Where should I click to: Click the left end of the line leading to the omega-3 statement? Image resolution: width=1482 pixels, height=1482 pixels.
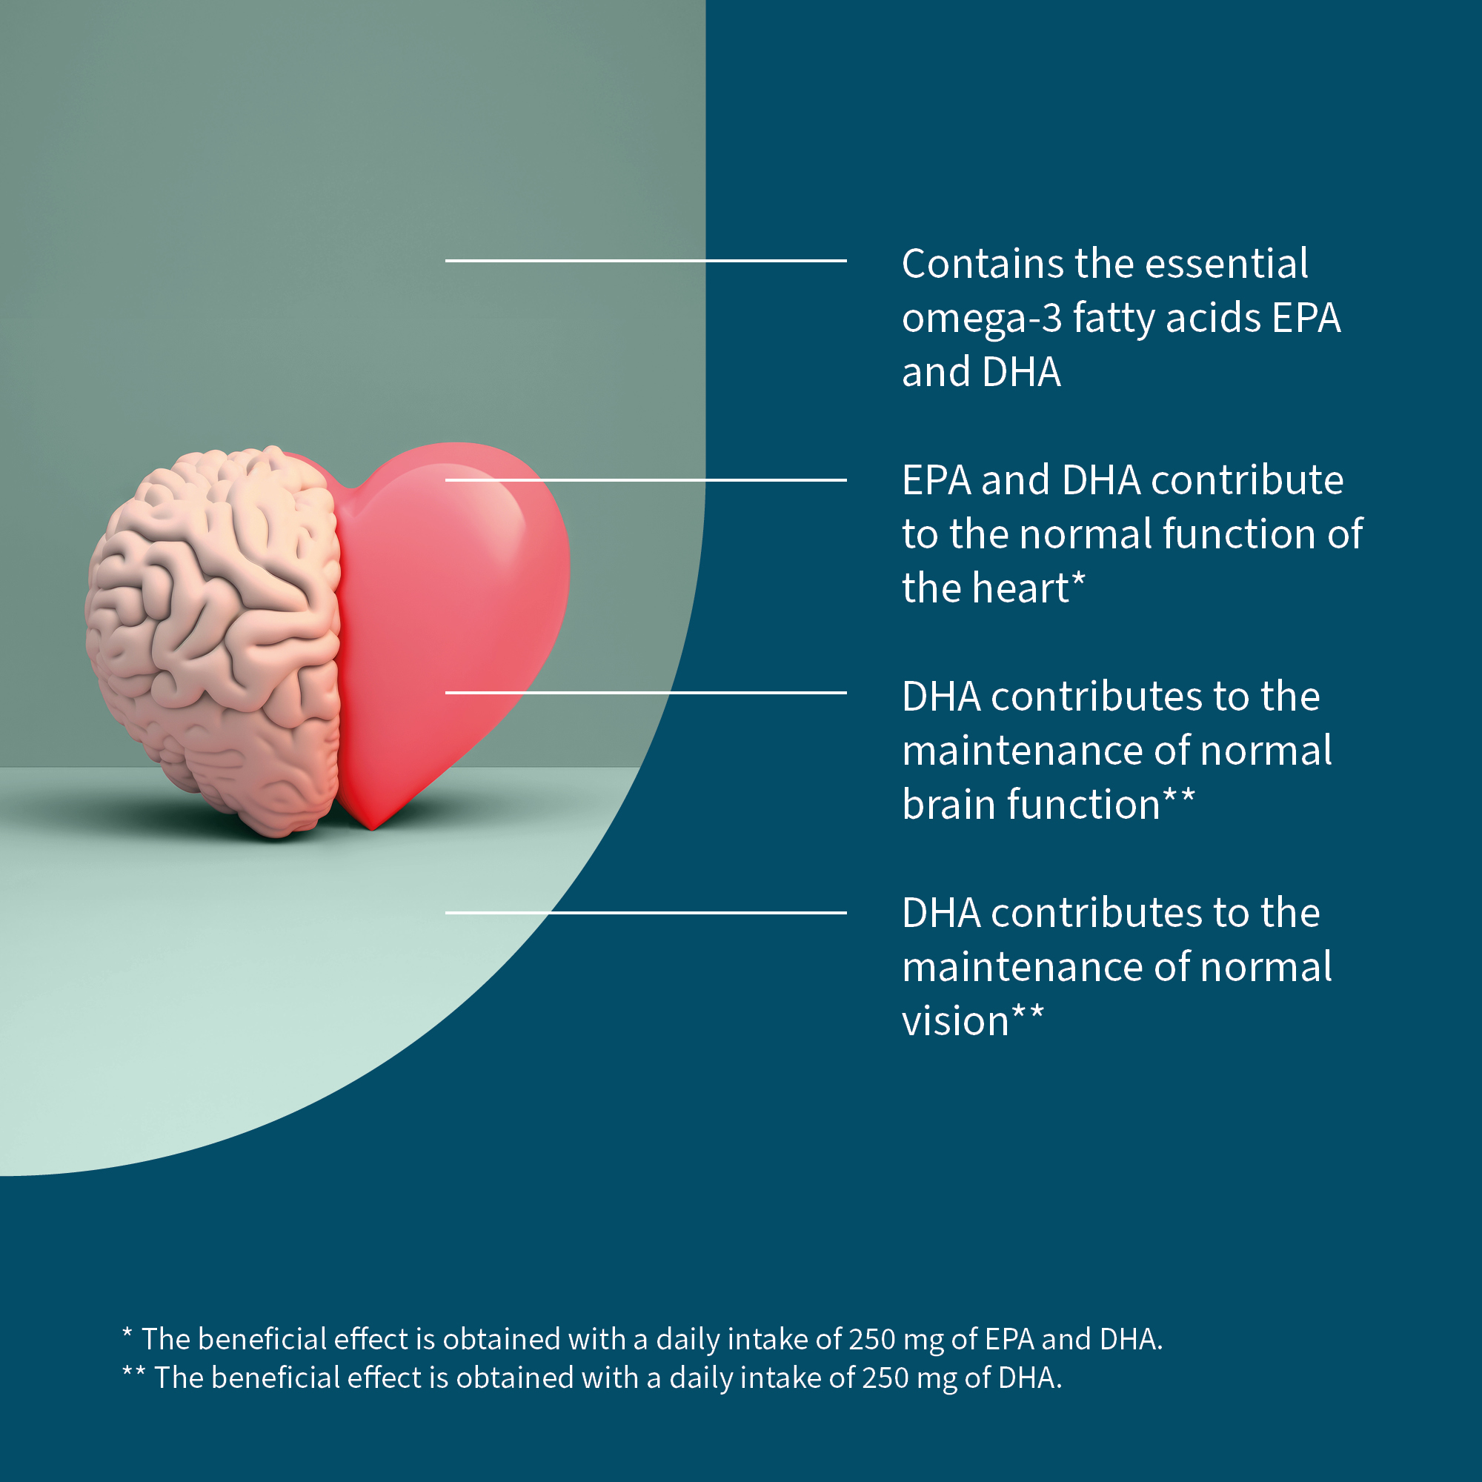(x=445, y=261)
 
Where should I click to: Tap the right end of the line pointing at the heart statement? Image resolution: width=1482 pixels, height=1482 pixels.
(x=847, y=480)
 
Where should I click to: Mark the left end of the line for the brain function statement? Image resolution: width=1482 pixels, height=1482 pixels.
(x=445, y=693)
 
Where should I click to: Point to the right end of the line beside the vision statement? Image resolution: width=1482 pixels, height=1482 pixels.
(x=847, y=913)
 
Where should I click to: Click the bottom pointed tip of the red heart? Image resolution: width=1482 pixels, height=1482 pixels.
(x=373, y=829)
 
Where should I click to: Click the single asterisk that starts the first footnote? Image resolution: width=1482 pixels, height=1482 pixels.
(x=127, y=1332)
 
